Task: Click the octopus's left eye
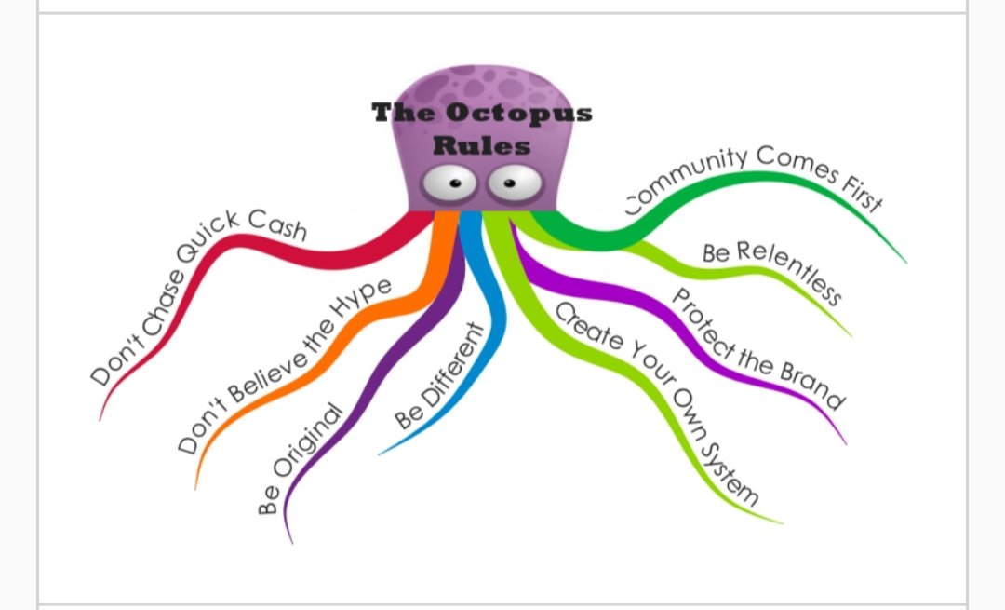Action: click(x=452, y=184)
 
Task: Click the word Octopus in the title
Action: click(x=519, y=115)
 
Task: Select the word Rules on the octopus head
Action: click(x=482, y=145)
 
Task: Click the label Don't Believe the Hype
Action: click(x=284, y=364)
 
